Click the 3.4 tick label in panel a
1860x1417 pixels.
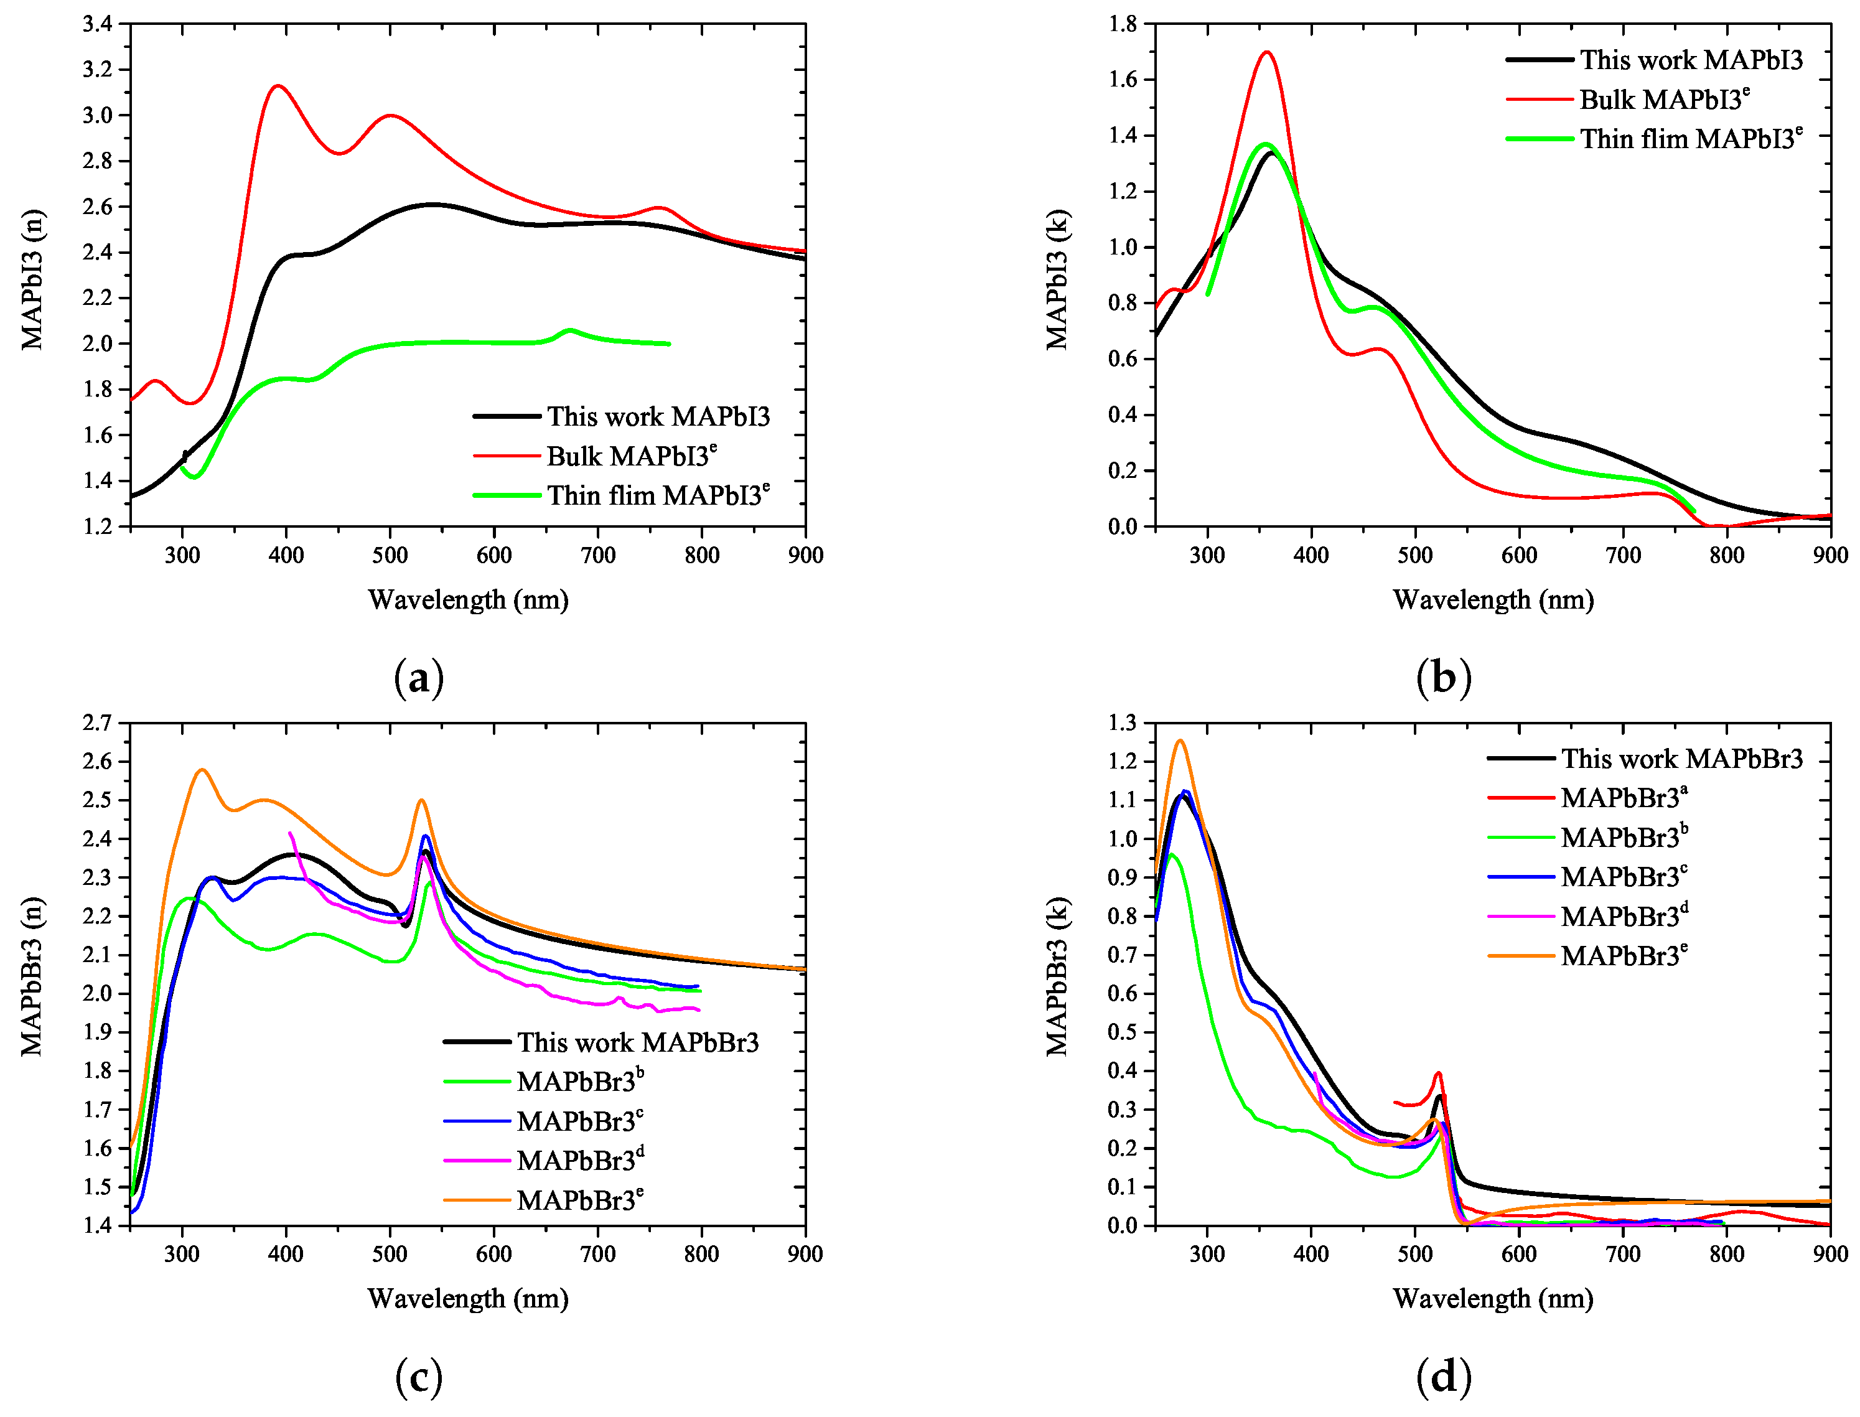point(97,24)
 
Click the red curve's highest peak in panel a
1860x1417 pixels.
point(278,86)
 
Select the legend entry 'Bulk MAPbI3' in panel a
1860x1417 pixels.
point(630,456)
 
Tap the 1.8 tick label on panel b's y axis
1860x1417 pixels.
point(1123,24)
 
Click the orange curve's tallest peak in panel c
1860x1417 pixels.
point(202,769)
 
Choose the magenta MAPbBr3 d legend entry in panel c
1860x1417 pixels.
point(579,1161)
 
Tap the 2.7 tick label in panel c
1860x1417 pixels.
point(97,723)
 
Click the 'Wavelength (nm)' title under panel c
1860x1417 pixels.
point(468,1298)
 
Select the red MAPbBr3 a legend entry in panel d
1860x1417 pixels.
point(1623,798)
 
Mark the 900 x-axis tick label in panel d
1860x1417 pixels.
point(1830,1254)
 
